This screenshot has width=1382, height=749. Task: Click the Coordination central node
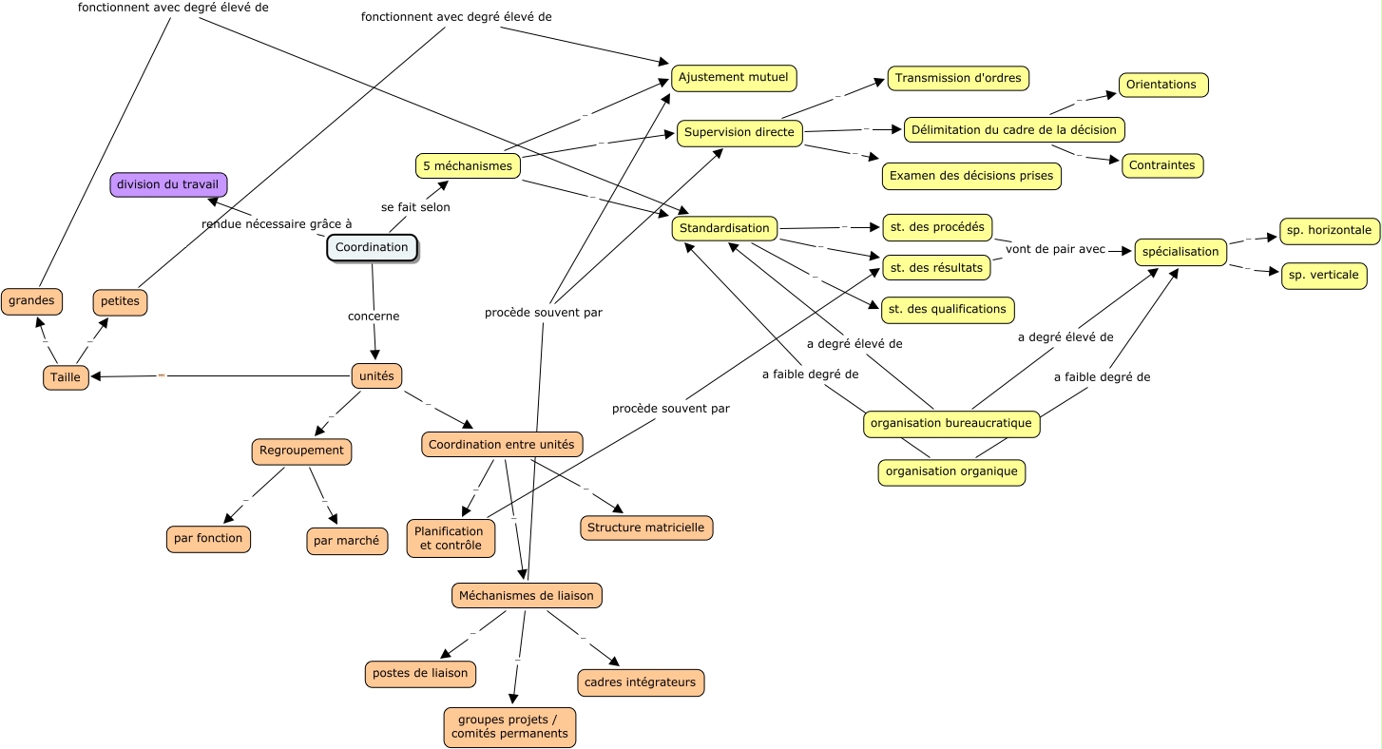click(x=372, y=247)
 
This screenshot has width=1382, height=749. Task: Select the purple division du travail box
click(x=168, y=184)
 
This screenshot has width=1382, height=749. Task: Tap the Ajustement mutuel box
click(x=734, y=78)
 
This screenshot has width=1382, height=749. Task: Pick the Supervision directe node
click(x=739, y=133)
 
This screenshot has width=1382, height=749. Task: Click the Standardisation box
click(x=724, y=228)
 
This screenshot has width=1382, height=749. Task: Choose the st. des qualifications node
click(x=948, y=310)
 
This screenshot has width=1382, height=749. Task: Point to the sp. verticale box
click(x=1324, y=275)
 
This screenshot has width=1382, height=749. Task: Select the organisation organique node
click(x=952, y=472)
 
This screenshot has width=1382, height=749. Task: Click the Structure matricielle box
click(x=646, y=528)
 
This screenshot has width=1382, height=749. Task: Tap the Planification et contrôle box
click(x=451, y=538)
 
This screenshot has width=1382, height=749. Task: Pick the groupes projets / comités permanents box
click(x=509, y=727)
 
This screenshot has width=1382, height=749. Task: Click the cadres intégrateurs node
click(x=641, y=682)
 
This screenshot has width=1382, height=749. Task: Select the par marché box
click(x=347, y=541)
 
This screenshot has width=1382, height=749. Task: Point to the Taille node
click(x=66, y=377)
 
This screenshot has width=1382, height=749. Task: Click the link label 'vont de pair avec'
click(x=1055, y=249)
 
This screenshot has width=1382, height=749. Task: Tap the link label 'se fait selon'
click(x=415, y=207)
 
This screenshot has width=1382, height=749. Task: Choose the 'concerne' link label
click(x=374, y=316)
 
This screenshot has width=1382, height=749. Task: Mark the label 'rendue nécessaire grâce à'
click(x=277, y=224)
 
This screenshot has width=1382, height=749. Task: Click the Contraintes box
click(x=1162, y=165)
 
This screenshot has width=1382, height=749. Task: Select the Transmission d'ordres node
click(x=958, y=78)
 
